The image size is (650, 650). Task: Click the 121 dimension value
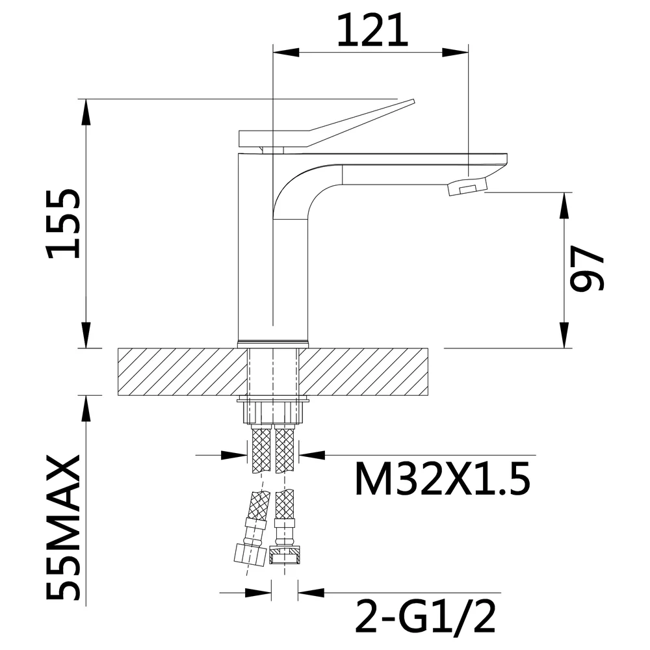click(x=372, y=30)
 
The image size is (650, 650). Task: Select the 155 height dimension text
click(x=64, y=224)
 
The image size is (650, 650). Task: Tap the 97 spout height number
click(x=587, y=268)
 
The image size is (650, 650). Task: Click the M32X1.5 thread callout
click(x=442, y=479)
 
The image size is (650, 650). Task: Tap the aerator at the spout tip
click(x=467, y=186)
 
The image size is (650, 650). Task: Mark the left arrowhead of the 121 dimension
click(x=286, y=53)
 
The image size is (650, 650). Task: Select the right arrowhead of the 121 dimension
click(x=455, y=53)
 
